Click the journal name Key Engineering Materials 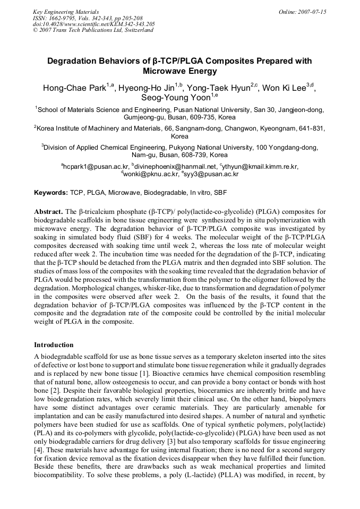coord(66,12)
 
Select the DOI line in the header coord(93,24)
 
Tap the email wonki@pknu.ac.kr coord(151,174)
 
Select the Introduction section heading coord(54,345)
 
